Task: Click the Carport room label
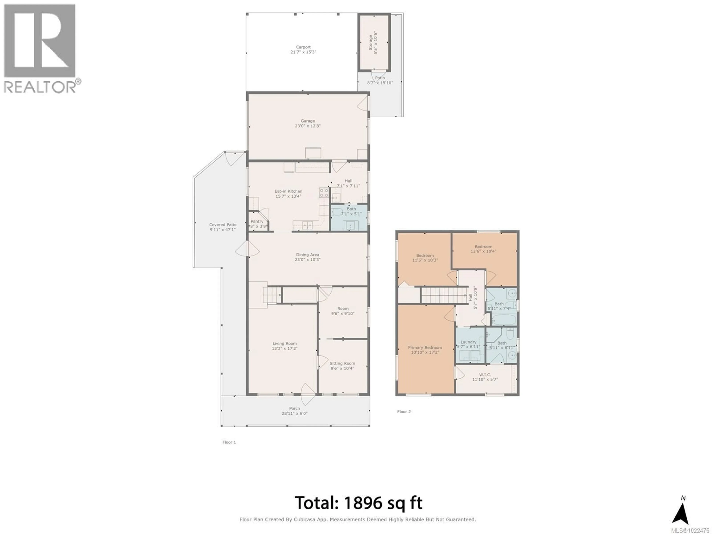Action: pyautogui.click(x=303, y=47)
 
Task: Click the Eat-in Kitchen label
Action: pyautogui.click(x=288, y=191)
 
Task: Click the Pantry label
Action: pyautogui.click(x=257, y=221)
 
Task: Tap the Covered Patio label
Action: pyautogui.click(x=223, y=225)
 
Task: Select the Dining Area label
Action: pyautogui.click(x=307, y=255)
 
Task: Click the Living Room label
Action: pyautogui.click(x=285, y=343)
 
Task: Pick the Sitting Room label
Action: pyautogui.click(x=342, y=363)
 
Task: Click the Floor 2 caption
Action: pyautogui.click(x=404, y=411)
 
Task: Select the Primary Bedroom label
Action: pyautogui.click(x=425, y=348)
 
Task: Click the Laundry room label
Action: pyautogui.click(x=468, y=342)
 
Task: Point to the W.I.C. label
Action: pyautogui.click(x=485, y=375)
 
